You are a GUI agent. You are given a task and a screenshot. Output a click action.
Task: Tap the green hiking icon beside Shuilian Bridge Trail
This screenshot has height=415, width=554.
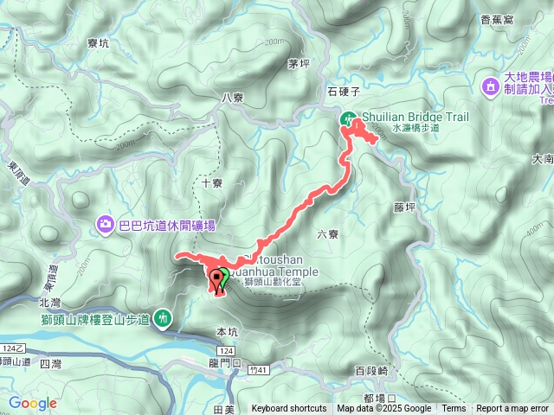pyautogui.click(x=347, y=119)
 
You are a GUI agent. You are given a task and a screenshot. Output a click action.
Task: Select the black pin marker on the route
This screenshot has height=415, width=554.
pyautogui.click(x=216, y=279)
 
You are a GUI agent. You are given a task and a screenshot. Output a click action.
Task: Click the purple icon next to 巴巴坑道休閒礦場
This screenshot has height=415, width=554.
pyautogui.click(x=106, y=227)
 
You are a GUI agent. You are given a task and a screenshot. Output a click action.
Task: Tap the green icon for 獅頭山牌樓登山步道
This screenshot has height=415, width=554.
pyautogui.click(x=163, y=318)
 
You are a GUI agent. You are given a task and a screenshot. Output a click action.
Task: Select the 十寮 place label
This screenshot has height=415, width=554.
pyautogui.click(x=213, y=182)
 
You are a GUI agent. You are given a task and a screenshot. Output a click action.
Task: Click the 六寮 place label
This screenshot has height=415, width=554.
pyautogui.click(x=327, y=233)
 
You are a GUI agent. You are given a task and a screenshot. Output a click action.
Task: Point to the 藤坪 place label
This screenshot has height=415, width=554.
pyautogui.click(x=404, y=207)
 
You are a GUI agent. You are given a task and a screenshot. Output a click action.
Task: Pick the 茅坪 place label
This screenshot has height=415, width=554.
pyautogui.click(x=300, y=63)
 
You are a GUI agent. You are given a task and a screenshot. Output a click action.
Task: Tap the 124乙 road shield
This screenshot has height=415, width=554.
pyautogui.click(x=11, y=348)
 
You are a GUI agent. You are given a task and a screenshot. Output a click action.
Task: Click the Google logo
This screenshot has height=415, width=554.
pyautogui.click(x=33, y=403)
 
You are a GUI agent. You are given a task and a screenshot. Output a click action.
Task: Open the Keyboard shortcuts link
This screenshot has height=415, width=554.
pyautogui.click(x=289, y=409)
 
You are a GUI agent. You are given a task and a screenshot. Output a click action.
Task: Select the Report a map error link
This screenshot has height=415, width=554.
pyautogui.click(x=512, y=409)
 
